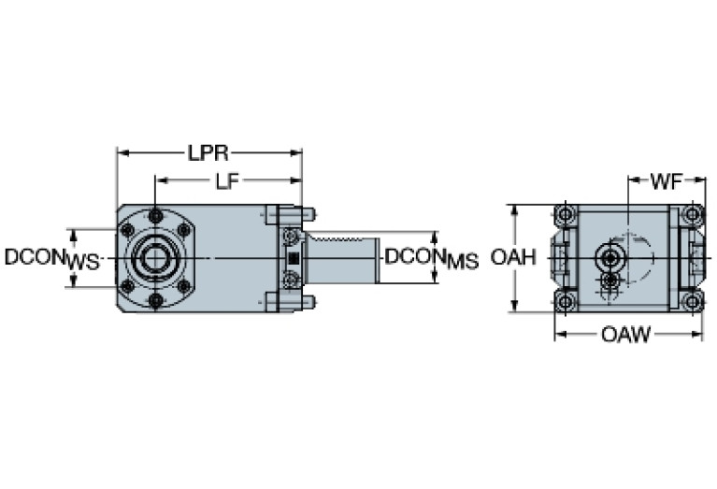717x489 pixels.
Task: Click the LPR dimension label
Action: tap(208, 152)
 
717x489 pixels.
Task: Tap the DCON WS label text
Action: tap(51, 258)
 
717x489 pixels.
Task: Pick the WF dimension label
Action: tap(666, 182)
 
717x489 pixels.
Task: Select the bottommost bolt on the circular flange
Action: tap(156, 299)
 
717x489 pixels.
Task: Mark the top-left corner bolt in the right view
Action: tap(564, 215)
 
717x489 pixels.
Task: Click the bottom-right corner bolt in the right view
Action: tap(692, 301)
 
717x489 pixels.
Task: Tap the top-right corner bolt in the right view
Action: tap(692, 215)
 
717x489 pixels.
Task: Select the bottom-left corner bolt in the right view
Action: tap(564, 301)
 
